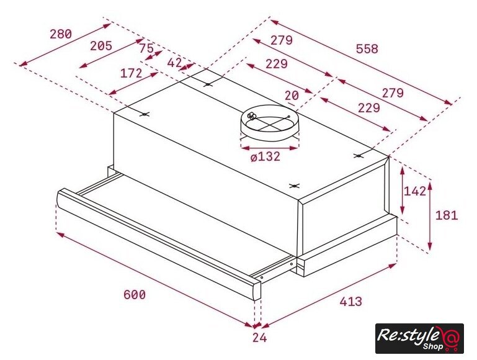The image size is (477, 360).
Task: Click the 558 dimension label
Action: click(367, 48)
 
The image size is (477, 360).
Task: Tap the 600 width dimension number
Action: click(135, 295)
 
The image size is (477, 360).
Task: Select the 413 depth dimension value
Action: click(350, 301)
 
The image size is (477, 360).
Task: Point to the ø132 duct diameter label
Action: click(265, 156)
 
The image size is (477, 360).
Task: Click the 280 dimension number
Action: click(61, 34)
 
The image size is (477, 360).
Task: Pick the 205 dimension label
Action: click(101, 46)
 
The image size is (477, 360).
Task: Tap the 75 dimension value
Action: click(146, 48)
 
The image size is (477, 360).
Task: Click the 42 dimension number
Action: click(175, 63)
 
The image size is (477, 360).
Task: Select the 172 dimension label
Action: click(132, 73)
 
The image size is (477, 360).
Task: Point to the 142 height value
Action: click(414, 191)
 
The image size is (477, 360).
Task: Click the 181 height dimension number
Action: click(447, 215)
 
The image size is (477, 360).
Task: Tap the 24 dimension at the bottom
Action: click(259, 338)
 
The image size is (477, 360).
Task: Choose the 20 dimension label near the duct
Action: click(292, 96)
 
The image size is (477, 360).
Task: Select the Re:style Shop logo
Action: click(419, 338)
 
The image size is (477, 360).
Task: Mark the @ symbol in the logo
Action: click(450, 338)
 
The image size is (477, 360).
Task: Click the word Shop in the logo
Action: click(432, 346)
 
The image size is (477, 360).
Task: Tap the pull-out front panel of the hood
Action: click(158, 243)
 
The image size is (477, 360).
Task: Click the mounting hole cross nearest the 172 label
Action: click(145, 114)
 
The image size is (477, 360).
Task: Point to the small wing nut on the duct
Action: click(252, 115)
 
